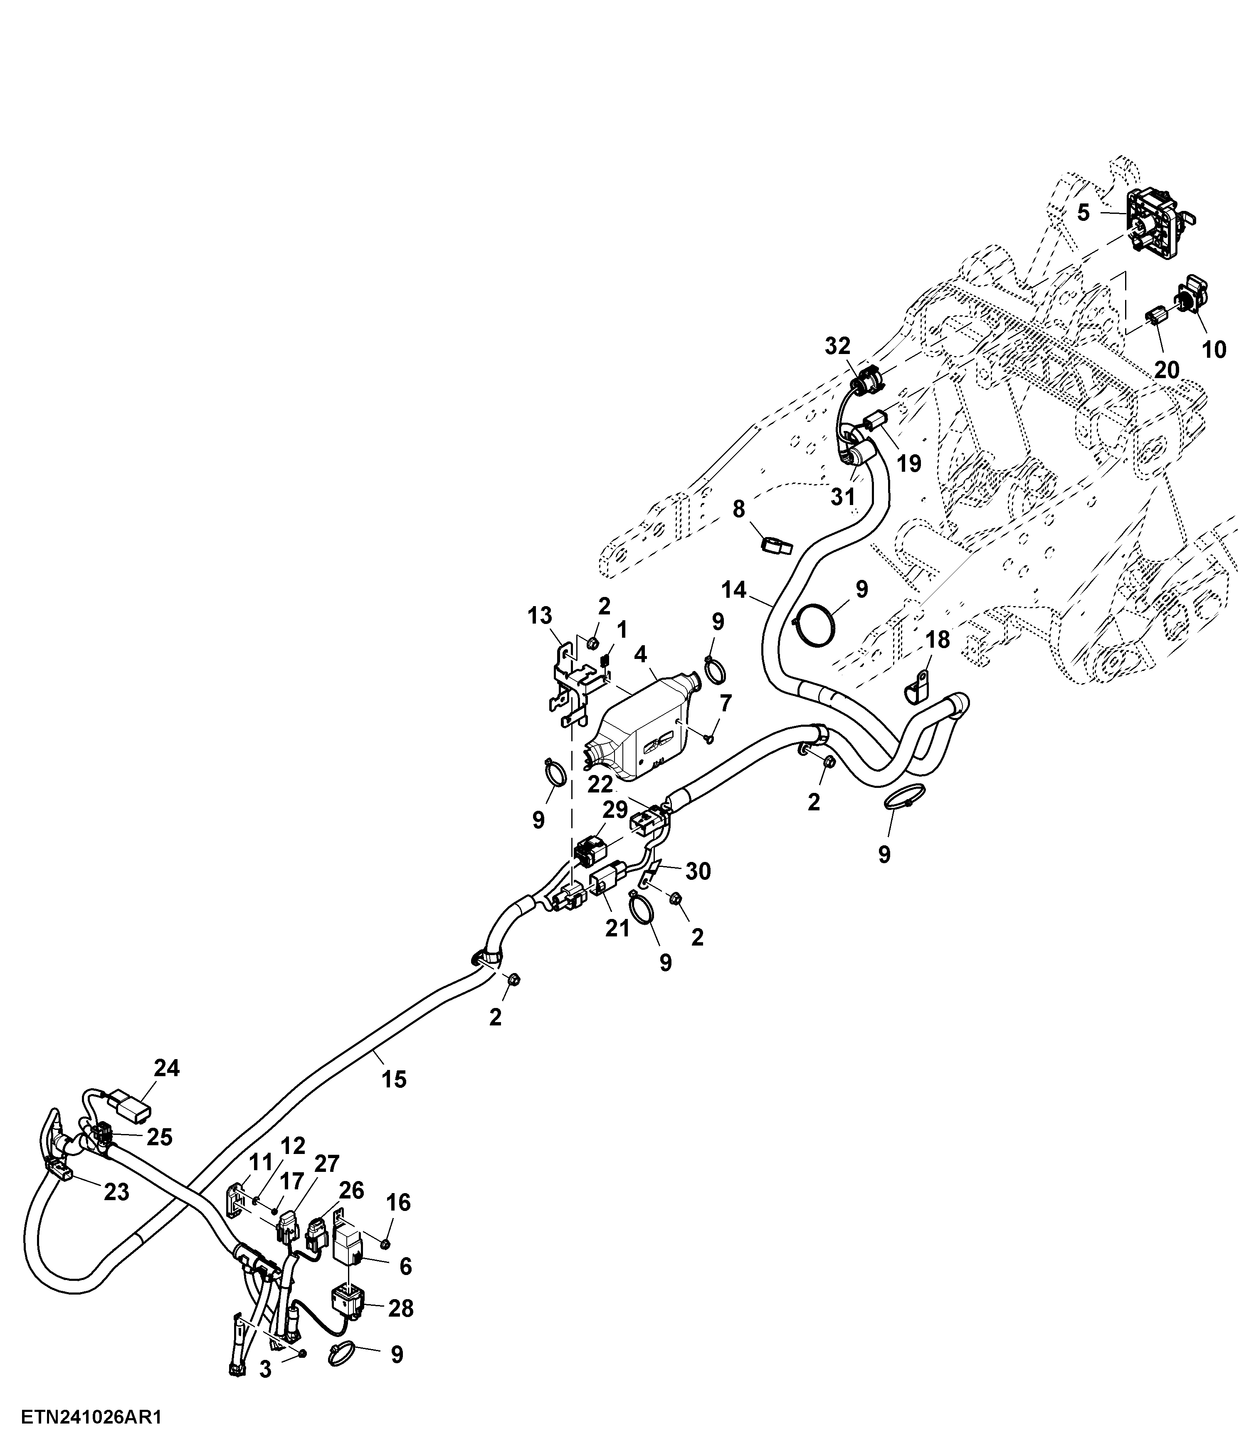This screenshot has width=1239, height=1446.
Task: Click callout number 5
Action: tap(1083, 212)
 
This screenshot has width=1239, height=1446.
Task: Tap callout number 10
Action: tap(1214, 349)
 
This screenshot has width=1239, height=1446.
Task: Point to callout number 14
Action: tap(734, 590)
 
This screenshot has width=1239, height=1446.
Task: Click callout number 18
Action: tap(938, 639)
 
